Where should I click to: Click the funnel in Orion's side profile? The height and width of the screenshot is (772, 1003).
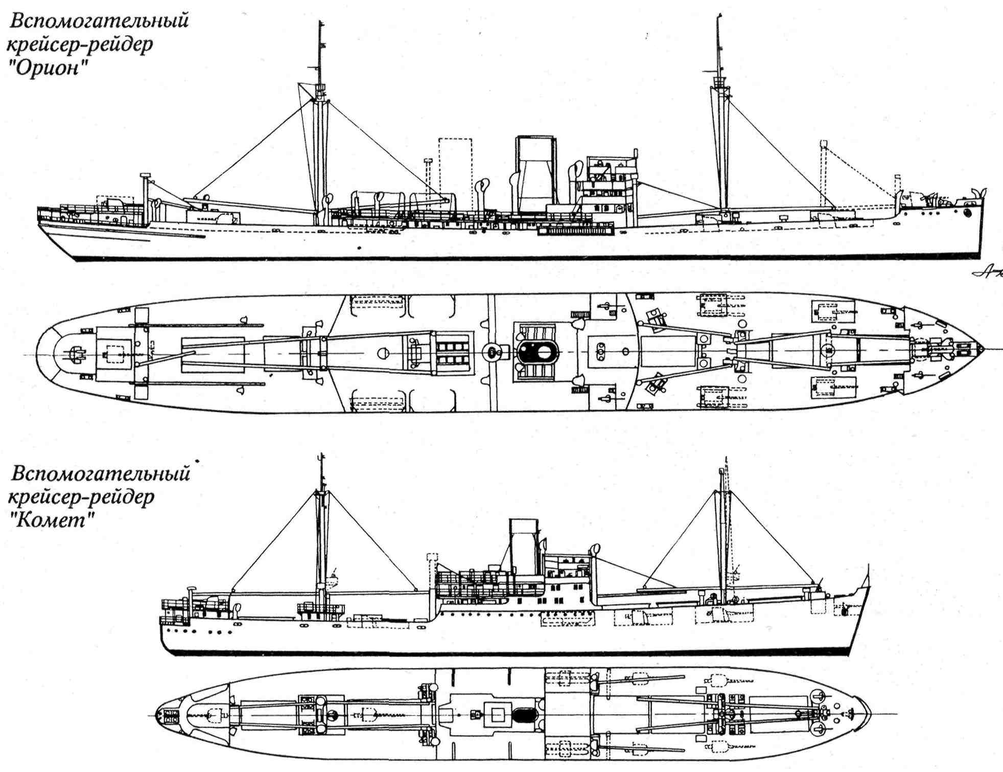pos(535,174)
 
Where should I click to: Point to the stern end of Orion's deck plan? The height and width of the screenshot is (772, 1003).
pos(37,353)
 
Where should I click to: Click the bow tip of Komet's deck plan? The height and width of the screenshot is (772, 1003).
pos(870,714)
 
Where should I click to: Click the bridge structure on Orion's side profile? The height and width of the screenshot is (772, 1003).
pos(611,184)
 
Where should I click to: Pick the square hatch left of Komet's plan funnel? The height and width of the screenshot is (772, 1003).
pos(498,714)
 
